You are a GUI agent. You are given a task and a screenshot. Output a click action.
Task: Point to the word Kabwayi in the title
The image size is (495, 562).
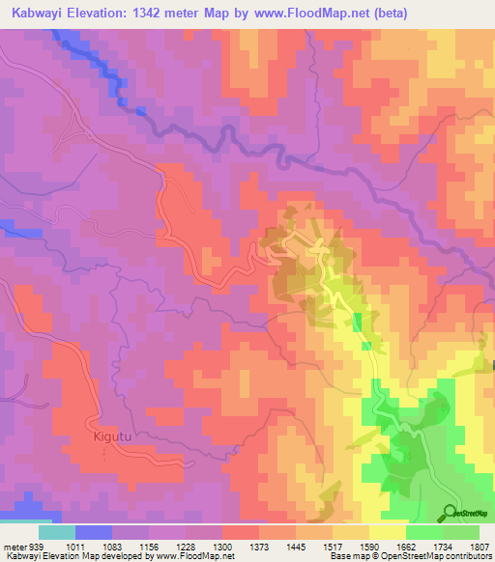35,14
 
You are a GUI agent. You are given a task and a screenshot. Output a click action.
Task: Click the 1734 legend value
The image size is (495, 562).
443,547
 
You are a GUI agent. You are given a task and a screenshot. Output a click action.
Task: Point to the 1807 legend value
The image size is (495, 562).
477,547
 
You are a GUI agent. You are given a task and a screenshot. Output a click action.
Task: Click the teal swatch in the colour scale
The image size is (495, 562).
57,532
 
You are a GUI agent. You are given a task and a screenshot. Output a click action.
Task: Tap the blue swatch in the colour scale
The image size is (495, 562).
94,532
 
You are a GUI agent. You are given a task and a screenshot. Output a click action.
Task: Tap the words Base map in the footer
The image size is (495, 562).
349,557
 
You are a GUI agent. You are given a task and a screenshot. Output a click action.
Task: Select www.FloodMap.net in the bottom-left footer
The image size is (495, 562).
194,557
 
